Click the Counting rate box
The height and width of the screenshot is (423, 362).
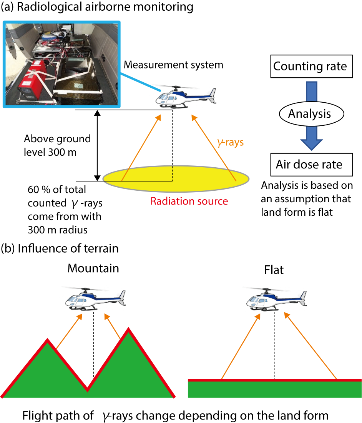pyautogui.click(x=310, y=66)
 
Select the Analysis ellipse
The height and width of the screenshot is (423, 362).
pyautogui.click(x=309, y=114)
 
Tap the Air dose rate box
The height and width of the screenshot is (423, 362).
pyautogui.click(x=309, y=165)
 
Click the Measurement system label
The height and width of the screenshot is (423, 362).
pyautogui.click(x=173, y=65)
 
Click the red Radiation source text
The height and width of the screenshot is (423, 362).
pyautogui.click(x=189, y=201)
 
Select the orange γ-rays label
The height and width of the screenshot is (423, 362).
pyautogui.click(x=231, y=143)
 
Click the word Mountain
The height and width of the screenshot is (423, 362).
pyautogui.click(x=93, y=268)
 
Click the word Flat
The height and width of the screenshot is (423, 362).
pyautogui.click(x=274, y=270)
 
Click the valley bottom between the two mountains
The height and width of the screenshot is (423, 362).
pyautogui.click(x=88, y=390)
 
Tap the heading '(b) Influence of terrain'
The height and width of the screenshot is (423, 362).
pyautogui.click(x=60, y=248)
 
